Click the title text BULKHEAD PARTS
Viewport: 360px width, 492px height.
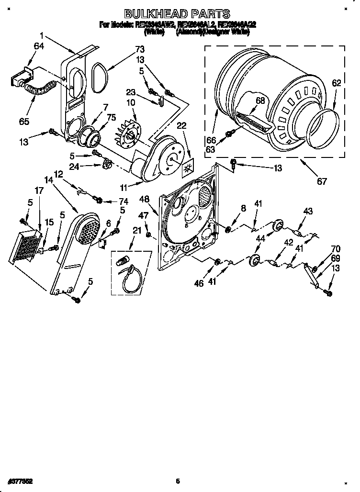177,14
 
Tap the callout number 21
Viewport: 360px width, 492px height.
137,231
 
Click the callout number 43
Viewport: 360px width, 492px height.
307,212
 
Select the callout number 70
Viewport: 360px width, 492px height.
335,248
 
